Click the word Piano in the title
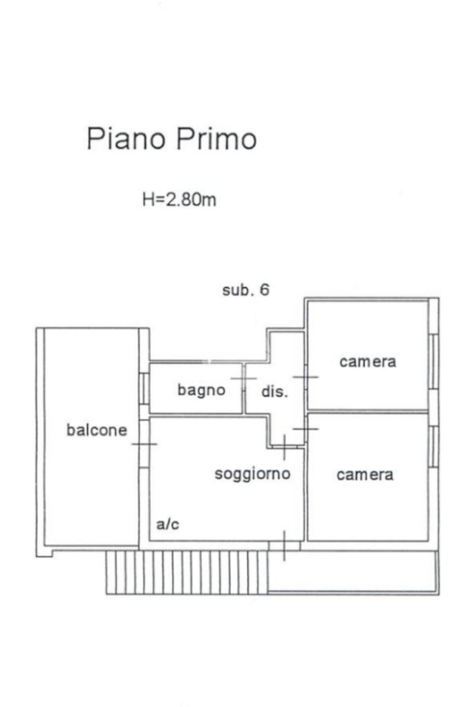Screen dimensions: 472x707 126,139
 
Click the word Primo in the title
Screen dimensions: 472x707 216,139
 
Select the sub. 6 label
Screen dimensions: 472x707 245,290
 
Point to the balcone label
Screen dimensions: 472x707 97,430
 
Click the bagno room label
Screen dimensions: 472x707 201,390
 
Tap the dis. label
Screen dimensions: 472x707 274,391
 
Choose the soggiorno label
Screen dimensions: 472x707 252,474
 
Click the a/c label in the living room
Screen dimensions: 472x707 168,525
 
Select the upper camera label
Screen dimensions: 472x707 368,361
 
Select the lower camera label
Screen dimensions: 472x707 365,475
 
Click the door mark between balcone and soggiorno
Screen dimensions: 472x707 144,443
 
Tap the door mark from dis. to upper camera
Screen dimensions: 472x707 305,377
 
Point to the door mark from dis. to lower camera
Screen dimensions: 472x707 305,429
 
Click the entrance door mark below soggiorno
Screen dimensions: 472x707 284,545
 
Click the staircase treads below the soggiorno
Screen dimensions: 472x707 187,572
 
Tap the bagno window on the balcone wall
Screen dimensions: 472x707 144,388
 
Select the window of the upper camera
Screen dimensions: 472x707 433,361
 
